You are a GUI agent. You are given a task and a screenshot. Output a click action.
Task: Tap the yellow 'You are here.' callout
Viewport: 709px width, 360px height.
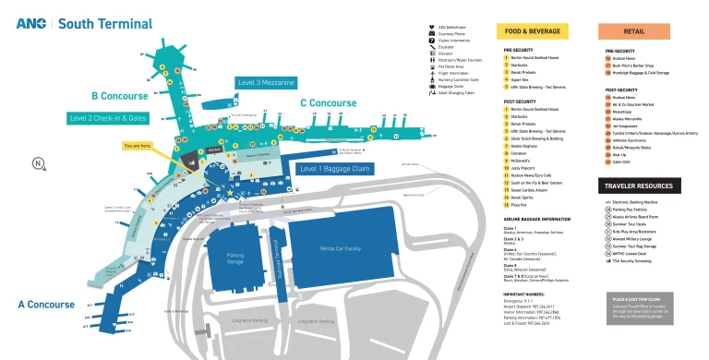(138, 146)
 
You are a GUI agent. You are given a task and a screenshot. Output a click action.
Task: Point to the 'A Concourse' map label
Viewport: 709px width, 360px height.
(46, 304)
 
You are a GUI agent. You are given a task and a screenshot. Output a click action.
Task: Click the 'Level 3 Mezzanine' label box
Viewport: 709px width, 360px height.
(266, 83)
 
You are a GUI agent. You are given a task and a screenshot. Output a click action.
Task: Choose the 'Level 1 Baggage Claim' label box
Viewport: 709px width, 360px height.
(334, 169)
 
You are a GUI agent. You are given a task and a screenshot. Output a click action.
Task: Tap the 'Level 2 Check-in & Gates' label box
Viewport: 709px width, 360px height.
(108, 118)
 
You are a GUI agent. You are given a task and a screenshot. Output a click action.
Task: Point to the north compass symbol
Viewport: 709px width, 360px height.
(38, 164)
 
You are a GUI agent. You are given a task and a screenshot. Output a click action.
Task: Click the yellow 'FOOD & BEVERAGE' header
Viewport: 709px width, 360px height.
(531, 30)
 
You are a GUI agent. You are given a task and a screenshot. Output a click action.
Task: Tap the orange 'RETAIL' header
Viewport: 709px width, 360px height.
(633, 30)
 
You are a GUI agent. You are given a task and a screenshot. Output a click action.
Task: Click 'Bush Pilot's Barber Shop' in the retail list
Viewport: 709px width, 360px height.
(632, 66)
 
